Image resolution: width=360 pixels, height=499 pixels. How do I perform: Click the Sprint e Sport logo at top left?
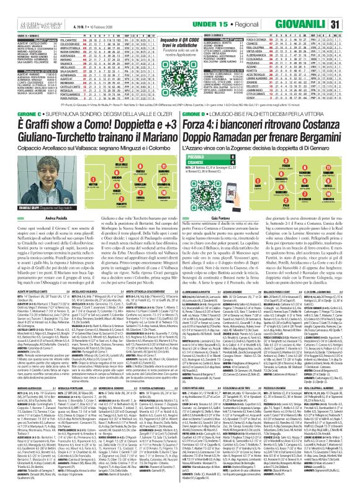click(x=19, y=7)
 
